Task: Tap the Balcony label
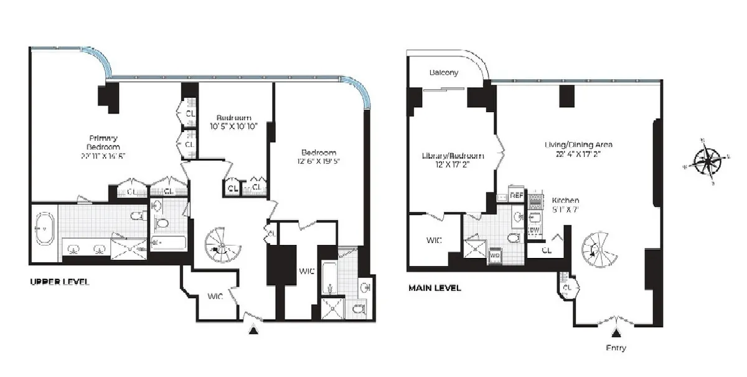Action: coord(444,72)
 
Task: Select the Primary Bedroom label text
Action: coord(103,143)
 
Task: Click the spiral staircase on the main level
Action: coord(598,249)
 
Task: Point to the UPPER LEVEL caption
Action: coord(59,282)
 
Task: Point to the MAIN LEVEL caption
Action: coord(435,288)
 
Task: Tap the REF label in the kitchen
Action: coord(517,195)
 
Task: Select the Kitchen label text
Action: coord(565,200)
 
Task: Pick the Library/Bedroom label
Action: coord(452,156)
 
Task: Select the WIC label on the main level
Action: coord(433,240)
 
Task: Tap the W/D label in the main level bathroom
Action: coord(496,255)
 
